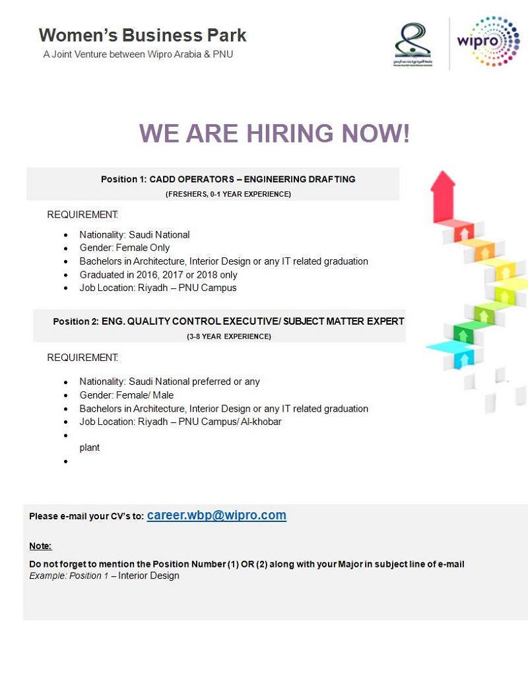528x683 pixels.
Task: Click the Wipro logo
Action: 488,42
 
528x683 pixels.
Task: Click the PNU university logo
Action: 412,44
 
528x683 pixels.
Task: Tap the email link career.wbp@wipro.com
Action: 216,515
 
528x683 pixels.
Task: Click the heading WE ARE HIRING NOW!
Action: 274,133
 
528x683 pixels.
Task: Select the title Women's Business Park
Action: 143,35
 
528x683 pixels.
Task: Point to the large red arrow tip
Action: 443,171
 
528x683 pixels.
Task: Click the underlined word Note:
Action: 40,546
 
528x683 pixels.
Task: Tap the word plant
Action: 89,448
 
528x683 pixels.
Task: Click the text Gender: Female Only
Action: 124,248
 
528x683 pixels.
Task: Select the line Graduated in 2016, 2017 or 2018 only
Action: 158,275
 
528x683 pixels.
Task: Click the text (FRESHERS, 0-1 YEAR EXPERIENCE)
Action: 228,194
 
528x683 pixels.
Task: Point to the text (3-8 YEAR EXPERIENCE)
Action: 229,337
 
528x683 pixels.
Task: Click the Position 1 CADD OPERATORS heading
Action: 228,179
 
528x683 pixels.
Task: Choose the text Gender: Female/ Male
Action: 126,395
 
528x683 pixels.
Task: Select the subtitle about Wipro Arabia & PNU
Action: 138,55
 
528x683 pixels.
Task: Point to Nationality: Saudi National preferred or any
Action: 170,381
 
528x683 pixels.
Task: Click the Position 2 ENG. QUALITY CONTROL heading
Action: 229,321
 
